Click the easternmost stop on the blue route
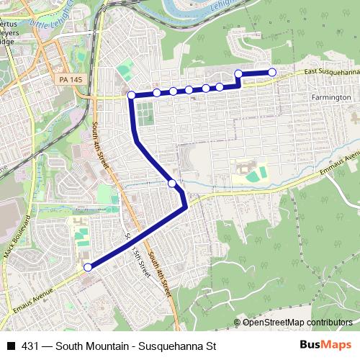tap(272, 71)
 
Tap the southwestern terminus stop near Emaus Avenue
tap(88, 267)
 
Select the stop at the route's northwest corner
tap(131, 95)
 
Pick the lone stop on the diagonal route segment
tap(172, 184)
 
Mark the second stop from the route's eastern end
tap(238, 73)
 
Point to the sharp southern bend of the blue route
tap(186, 207)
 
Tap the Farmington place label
tap(332, 96)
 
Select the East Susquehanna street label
tap(330, 72)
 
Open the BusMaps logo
tap(326, 345)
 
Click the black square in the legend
tap(10, 346)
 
